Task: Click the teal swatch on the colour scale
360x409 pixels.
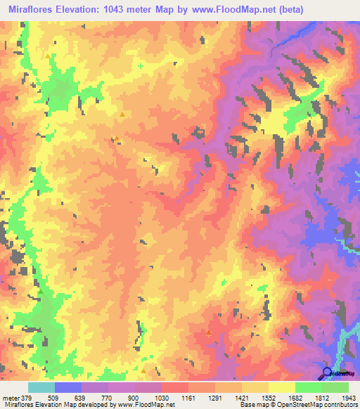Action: [41, 387]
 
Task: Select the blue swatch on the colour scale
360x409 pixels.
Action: [68, 387]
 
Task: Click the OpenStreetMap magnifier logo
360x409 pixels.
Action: [328, 372]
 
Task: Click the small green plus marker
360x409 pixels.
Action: [141, 66]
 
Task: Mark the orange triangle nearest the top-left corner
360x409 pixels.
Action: [48, 55]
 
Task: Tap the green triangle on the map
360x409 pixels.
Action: [41, 291]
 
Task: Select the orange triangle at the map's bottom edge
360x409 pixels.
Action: [143, 370]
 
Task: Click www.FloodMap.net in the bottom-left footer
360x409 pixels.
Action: [140, 404]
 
